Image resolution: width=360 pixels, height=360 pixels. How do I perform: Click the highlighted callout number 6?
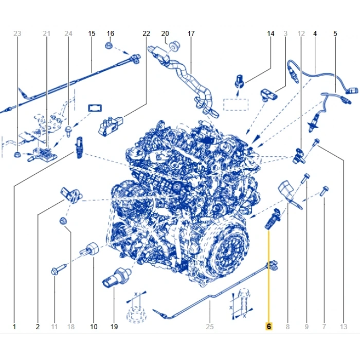coord(269,326)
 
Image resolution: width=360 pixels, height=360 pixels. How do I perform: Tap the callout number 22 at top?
coord(146,33)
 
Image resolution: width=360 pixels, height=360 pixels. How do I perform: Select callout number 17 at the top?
coord(191,33)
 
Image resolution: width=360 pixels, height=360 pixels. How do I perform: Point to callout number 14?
coord(271,33)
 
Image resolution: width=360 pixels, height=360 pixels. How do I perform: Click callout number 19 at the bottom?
coord(114,327)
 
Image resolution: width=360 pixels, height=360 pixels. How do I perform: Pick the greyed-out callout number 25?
coord(210,327)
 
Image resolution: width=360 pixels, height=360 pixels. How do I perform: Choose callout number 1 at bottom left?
coord(14,327)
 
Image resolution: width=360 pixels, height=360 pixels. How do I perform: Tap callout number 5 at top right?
coord(335,33)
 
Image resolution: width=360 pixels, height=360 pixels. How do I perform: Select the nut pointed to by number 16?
coord(109,45)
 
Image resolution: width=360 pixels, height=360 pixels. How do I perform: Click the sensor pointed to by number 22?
coord(110,126)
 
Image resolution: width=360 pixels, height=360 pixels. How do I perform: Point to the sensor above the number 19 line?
coord(116,277)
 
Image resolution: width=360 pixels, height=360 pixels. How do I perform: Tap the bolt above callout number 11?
coord(59,270)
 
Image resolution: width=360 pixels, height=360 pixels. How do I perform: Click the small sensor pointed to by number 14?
coord(240,80)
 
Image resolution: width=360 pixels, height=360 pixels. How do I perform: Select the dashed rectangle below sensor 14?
coord(236,105)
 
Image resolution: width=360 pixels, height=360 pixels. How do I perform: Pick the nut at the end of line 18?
coord(63,221)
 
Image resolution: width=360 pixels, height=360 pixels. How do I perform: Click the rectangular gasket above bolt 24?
coord(95,108)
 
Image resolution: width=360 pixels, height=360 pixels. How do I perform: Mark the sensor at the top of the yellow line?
coord(273,219)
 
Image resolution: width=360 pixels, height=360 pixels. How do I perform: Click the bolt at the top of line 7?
coord(325,191)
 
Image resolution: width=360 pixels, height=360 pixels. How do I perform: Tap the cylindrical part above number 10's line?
coord(89,249)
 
